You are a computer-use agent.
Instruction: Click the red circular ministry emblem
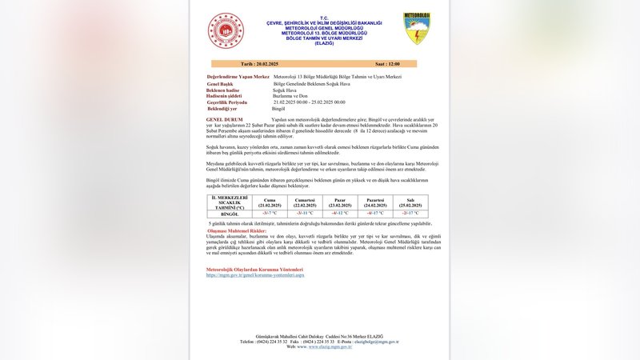pos(226,30)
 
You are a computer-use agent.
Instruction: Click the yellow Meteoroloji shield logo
pos(416,28)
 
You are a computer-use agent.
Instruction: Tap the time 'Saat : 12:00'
pos(387,63)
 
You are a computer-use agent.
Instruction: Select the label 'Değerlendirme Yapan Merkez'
pos(238,77)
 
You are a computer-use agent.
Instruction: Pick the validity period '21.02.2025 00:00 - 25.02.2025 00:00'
pos(309,102)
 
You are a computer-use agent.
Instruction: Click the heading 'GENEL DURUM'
pos(223,119)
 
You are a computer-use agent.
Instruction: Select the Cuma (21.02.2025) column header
pos(270,202)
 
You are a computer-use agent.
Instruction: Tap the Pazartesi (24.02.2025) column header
pos(375,202)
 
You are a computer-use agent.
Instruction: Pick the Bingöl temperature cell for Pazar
pos(340,214)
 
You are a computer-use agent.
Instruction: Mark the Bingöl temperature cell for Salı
pos(410,214)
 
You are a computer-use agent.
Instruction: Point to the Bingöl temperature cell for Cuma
pos(270,214)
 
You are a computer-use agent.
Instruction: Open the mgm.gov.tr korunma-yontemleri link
pos(254,275)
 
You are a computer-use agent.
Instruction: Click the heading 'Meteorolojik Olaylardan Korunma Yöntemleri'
pos(254,270)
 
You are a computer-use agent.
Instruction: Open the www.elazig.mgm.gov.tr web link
pos(324,346)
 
